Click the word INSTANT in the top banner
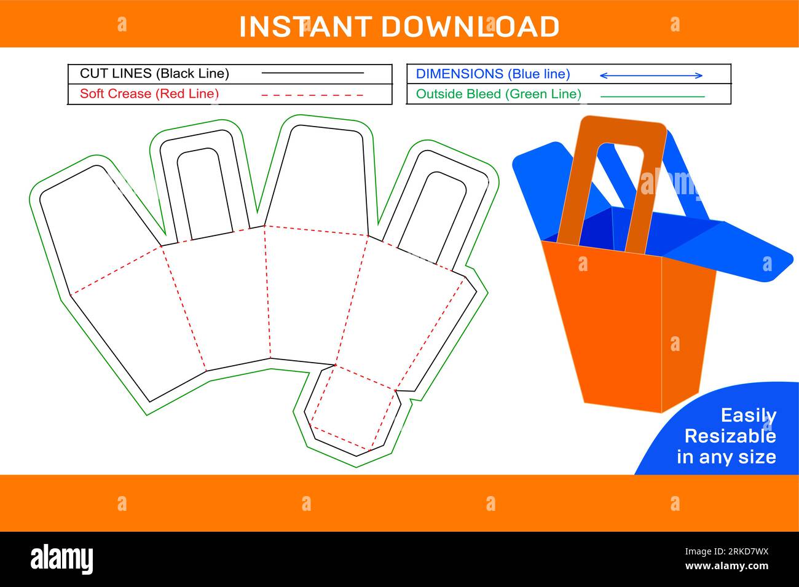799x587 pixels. pyautogui.click(x=305, y=26)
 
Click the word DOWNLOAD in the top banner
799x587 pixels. pyautogui.click(x=470, y=26)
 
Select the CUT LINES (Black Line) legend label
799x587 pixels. pyautogui.click(x=154, y=74)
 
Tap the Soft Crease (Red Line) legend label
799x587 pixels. pyautogui.click(x=149, y=94)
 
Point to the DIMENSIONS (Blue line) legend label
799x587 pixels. pyautogui.click(x=493, y=74)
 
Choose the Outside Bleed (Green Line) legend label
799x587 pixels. pyautogui.click(x=498, y=94)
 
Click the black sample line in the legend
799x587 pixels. pyautogui.click(x=312, y=73)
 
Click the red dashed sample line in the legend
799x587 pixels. pyautogui.click(x=312, y=95)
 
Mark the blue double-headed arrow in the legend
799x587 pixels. pyautogui.click(x=651, y=76)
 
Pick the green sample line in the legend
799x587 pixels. pyautogui.click(x=652, y=97)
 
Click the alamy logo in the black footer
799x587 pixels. pyautogui.click(x=62, y=559)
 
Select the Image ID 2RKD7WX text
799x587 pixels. pyautogui.click(x=726, y=551)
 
